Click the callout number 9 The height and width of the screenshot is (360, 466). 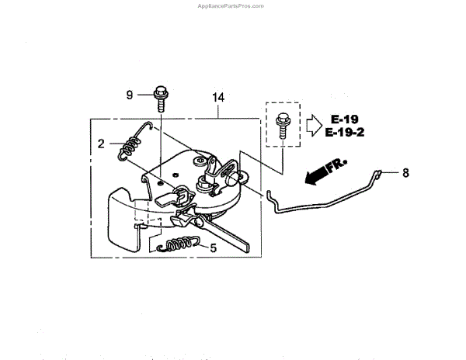point(130,95)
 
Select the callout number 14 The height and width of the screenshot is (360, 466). point(218,98)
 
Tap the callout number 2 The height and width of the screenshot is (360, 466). point(101,143)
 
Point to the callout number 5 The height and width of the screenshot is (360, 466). point(213,249)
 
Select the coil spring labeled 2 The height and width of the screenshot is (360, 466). point(129,146)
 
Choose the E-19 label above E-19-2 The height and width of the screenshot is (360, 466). point(344,119)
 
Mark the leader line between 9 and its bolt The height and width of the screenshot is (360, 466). point(145,95)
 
